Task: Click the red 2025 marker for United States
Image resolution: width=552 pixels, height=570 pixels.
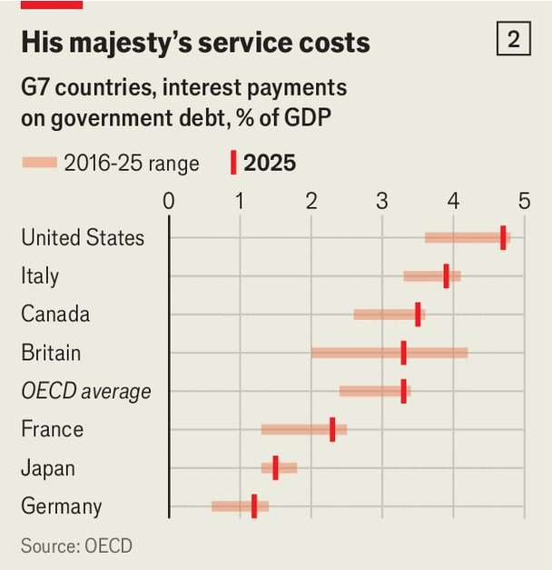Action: [x=503, y=237]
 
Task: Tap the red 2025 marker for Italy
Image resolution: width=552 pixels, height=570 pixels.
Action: [x=447, y=276]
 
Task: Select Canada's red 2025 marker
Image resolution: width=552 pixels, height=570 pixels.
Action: [x=418, y=314]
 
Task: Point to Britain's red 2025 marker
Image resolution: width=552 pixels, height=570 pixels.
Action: [x=403, y=353]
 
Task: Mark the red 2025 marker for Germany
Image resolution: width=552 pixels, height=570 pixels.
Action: [x=254, y=506]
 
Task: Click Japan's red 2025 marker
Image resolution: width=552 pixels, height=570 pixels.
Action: [x=276, y=467]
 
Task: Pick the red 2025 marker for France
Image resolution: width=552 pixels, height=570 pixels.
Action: [x=332, y=429]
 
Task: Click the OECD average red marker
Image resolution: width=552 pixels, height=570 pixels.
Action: [x=403, y=391]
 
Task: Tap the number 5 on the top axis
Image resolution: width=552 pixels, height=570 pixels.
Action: [x=524, y=201]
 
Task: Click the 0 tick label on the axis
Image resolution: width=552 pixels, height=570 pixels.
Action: [x=169, y=201]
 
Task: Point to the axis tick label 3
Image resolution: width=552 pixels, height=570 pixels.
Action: [x=382, y=201]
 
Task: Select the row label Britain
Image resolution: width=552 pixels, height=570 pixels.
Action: [x=51, y=353]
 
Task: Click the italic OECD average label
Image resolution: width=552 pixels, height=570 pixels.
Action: [x=86, y=392]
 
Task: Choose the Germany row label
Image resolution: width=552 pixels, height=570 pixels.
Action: [x=62, y=506]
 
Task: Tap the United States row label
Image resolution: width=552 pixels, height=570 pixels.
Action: [x=83, y=237]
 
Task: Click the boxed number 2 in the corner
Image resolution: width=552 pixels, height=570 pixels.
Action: [x=514, y=38]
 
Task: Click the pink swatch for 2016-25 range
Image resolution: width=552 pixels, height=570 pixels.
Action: [x=40, y=162]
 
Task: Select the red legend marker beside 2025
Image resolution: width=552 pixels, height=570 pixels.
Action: [x=233, y=163]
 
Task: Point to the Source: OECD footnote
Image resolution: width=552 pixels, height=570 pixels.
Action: [x=76, y=545]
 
